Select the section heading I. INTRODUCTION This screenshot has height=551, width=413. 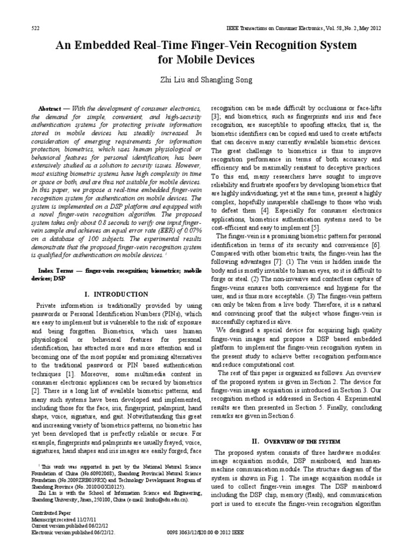click(116, 294)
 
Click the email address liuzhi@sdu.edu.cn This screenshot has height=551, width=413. click(169, 500)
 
